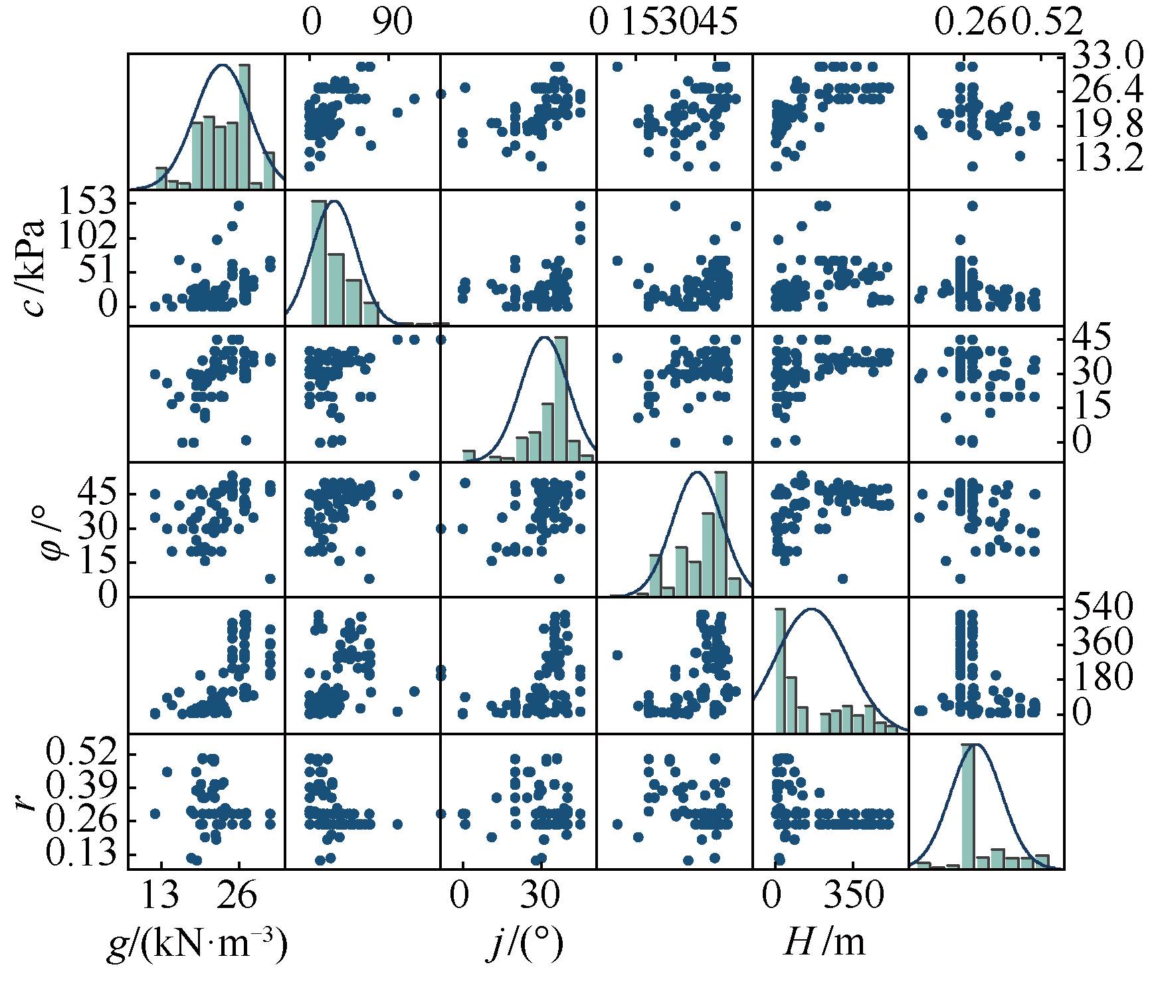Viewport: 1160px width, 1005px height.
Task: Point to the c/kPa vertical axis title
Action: [32, 268]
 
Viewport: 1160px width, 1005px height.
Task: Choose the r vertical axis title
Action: [27, 802]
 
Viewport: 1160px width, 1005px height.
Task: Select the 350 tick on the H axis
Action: [855, 895]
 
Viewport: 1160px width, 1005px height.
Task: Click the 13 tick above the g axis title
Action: [160, 895]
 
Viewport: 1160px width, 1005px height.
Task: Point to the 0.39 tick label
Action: [81, 787]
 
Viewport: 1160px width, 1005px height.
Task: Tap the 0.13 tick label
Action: [81, 854]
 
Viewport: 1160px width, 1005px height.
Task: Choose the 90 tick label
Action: [391, 23]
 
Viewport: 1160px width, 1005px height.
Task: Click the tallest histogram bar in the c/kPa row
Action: [319, 262]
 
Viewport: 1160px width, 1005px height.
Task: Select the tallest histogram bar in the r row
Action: [968, 806]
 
